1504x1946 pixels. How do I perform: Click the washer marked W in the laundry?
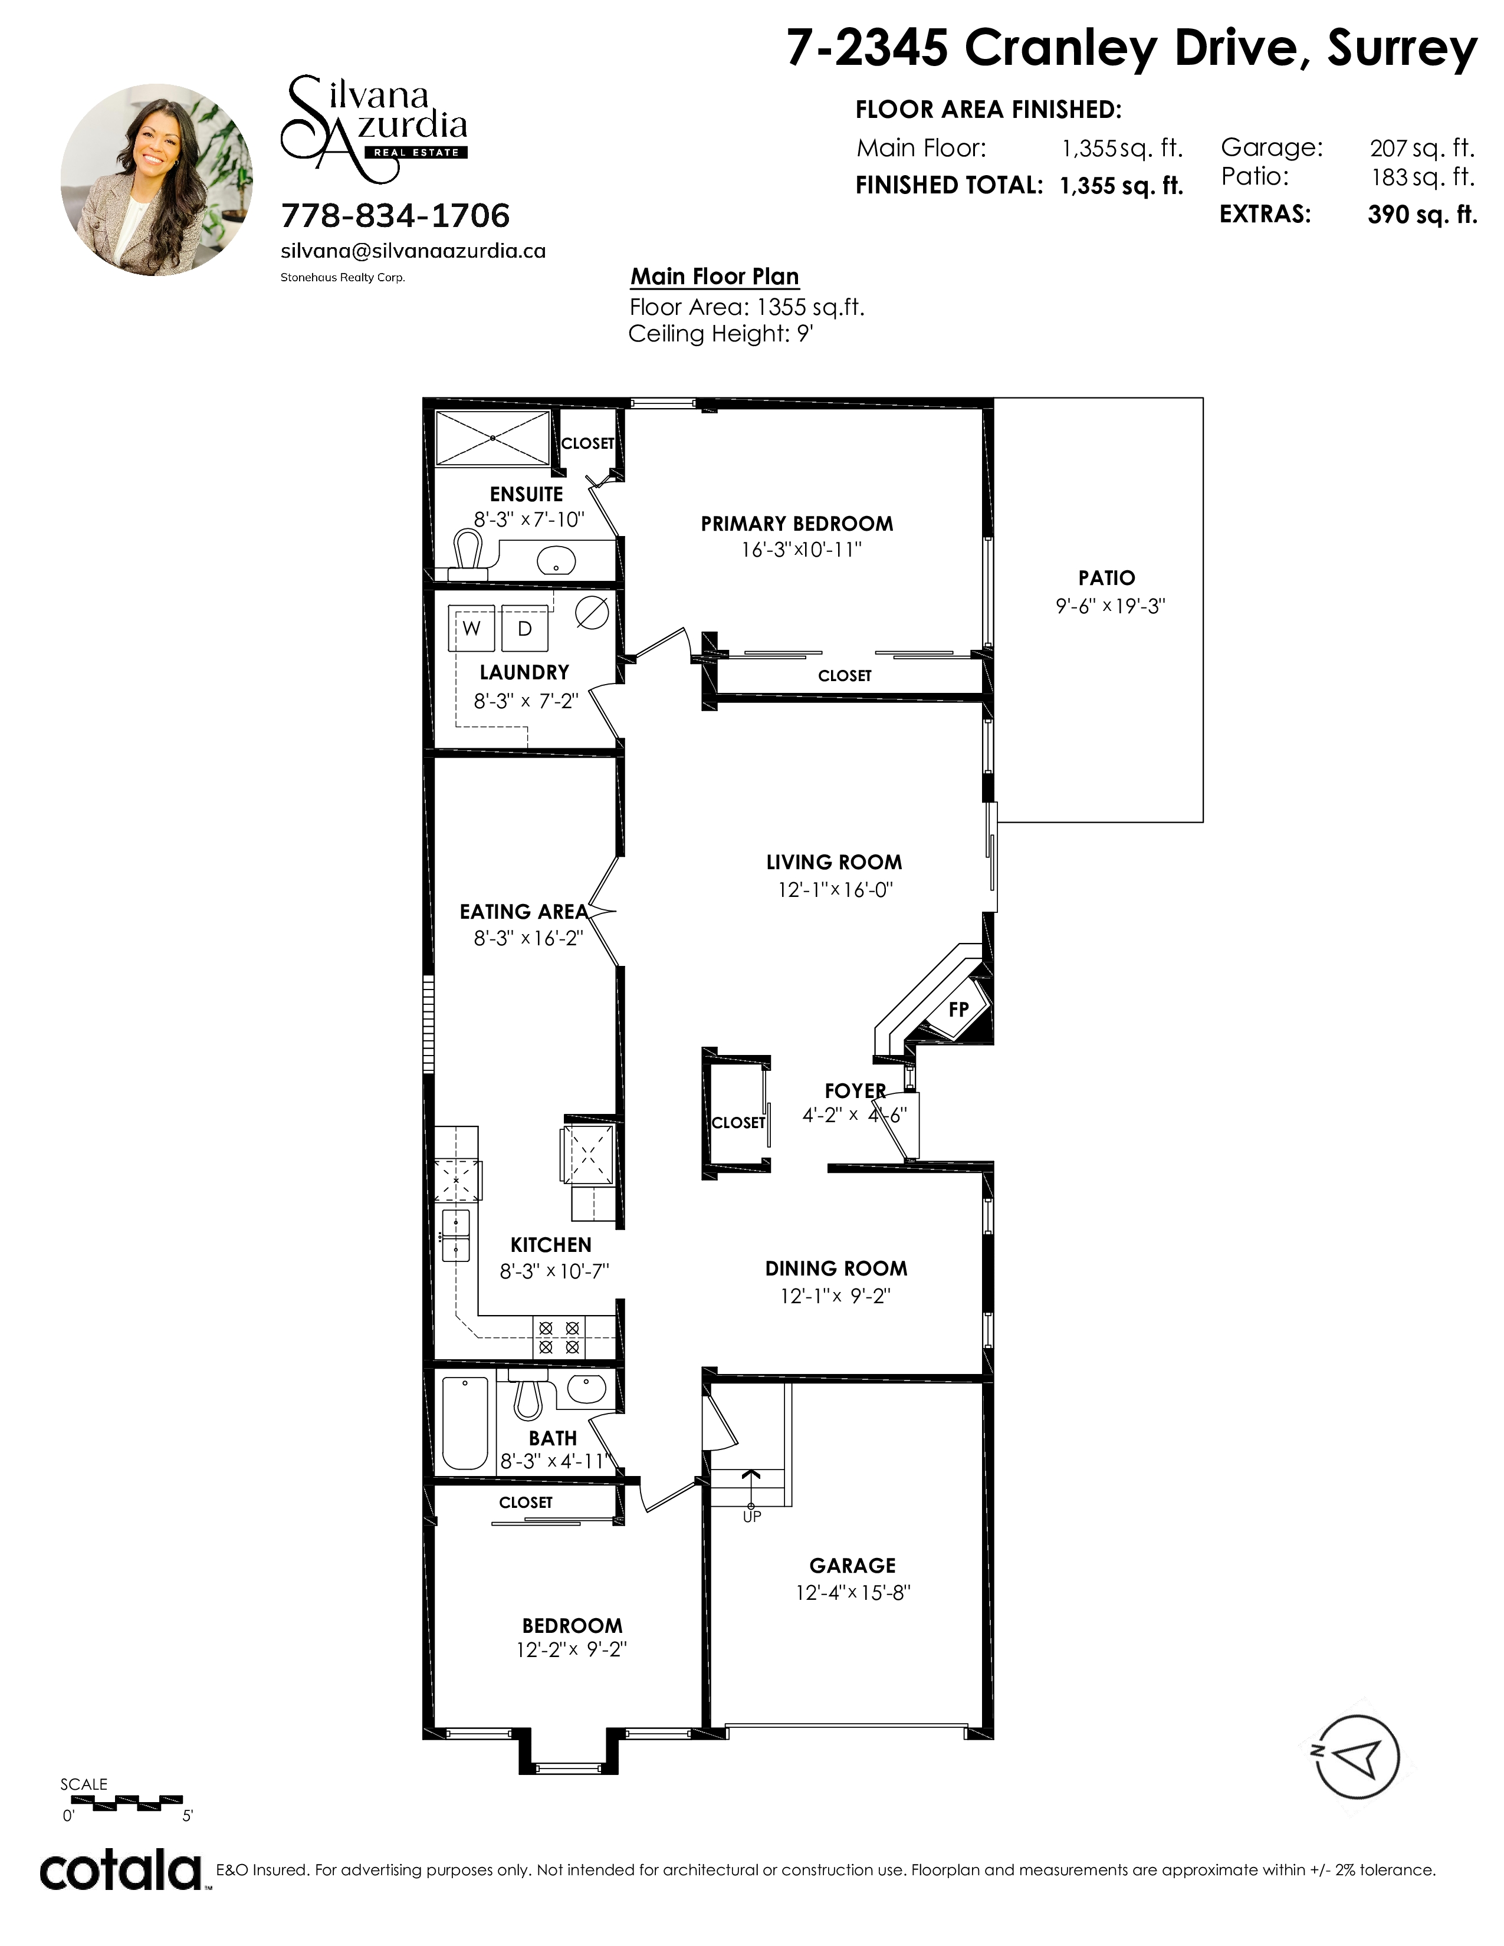[471, 628]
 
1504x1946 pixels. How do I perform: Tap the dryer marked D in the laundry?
[525, 628]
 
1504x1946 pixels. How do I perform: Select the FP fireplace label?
[958, 1010]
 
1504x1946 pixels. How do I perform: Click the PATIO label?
[1106, 577]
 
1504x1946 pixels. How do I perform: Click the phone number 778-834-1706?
[396, 216]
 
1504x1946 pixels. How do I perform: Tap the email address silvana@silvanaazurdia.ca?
[413, 251]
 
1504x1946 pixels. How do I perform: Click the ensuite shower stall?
[492, 438]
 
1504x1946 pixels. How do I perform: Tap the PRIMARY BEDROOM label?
[797, 524]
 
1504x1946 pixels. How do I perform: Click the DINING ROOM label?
[836, 1269]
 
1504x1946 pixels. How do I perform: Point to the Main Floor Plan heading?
[715, 276]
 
